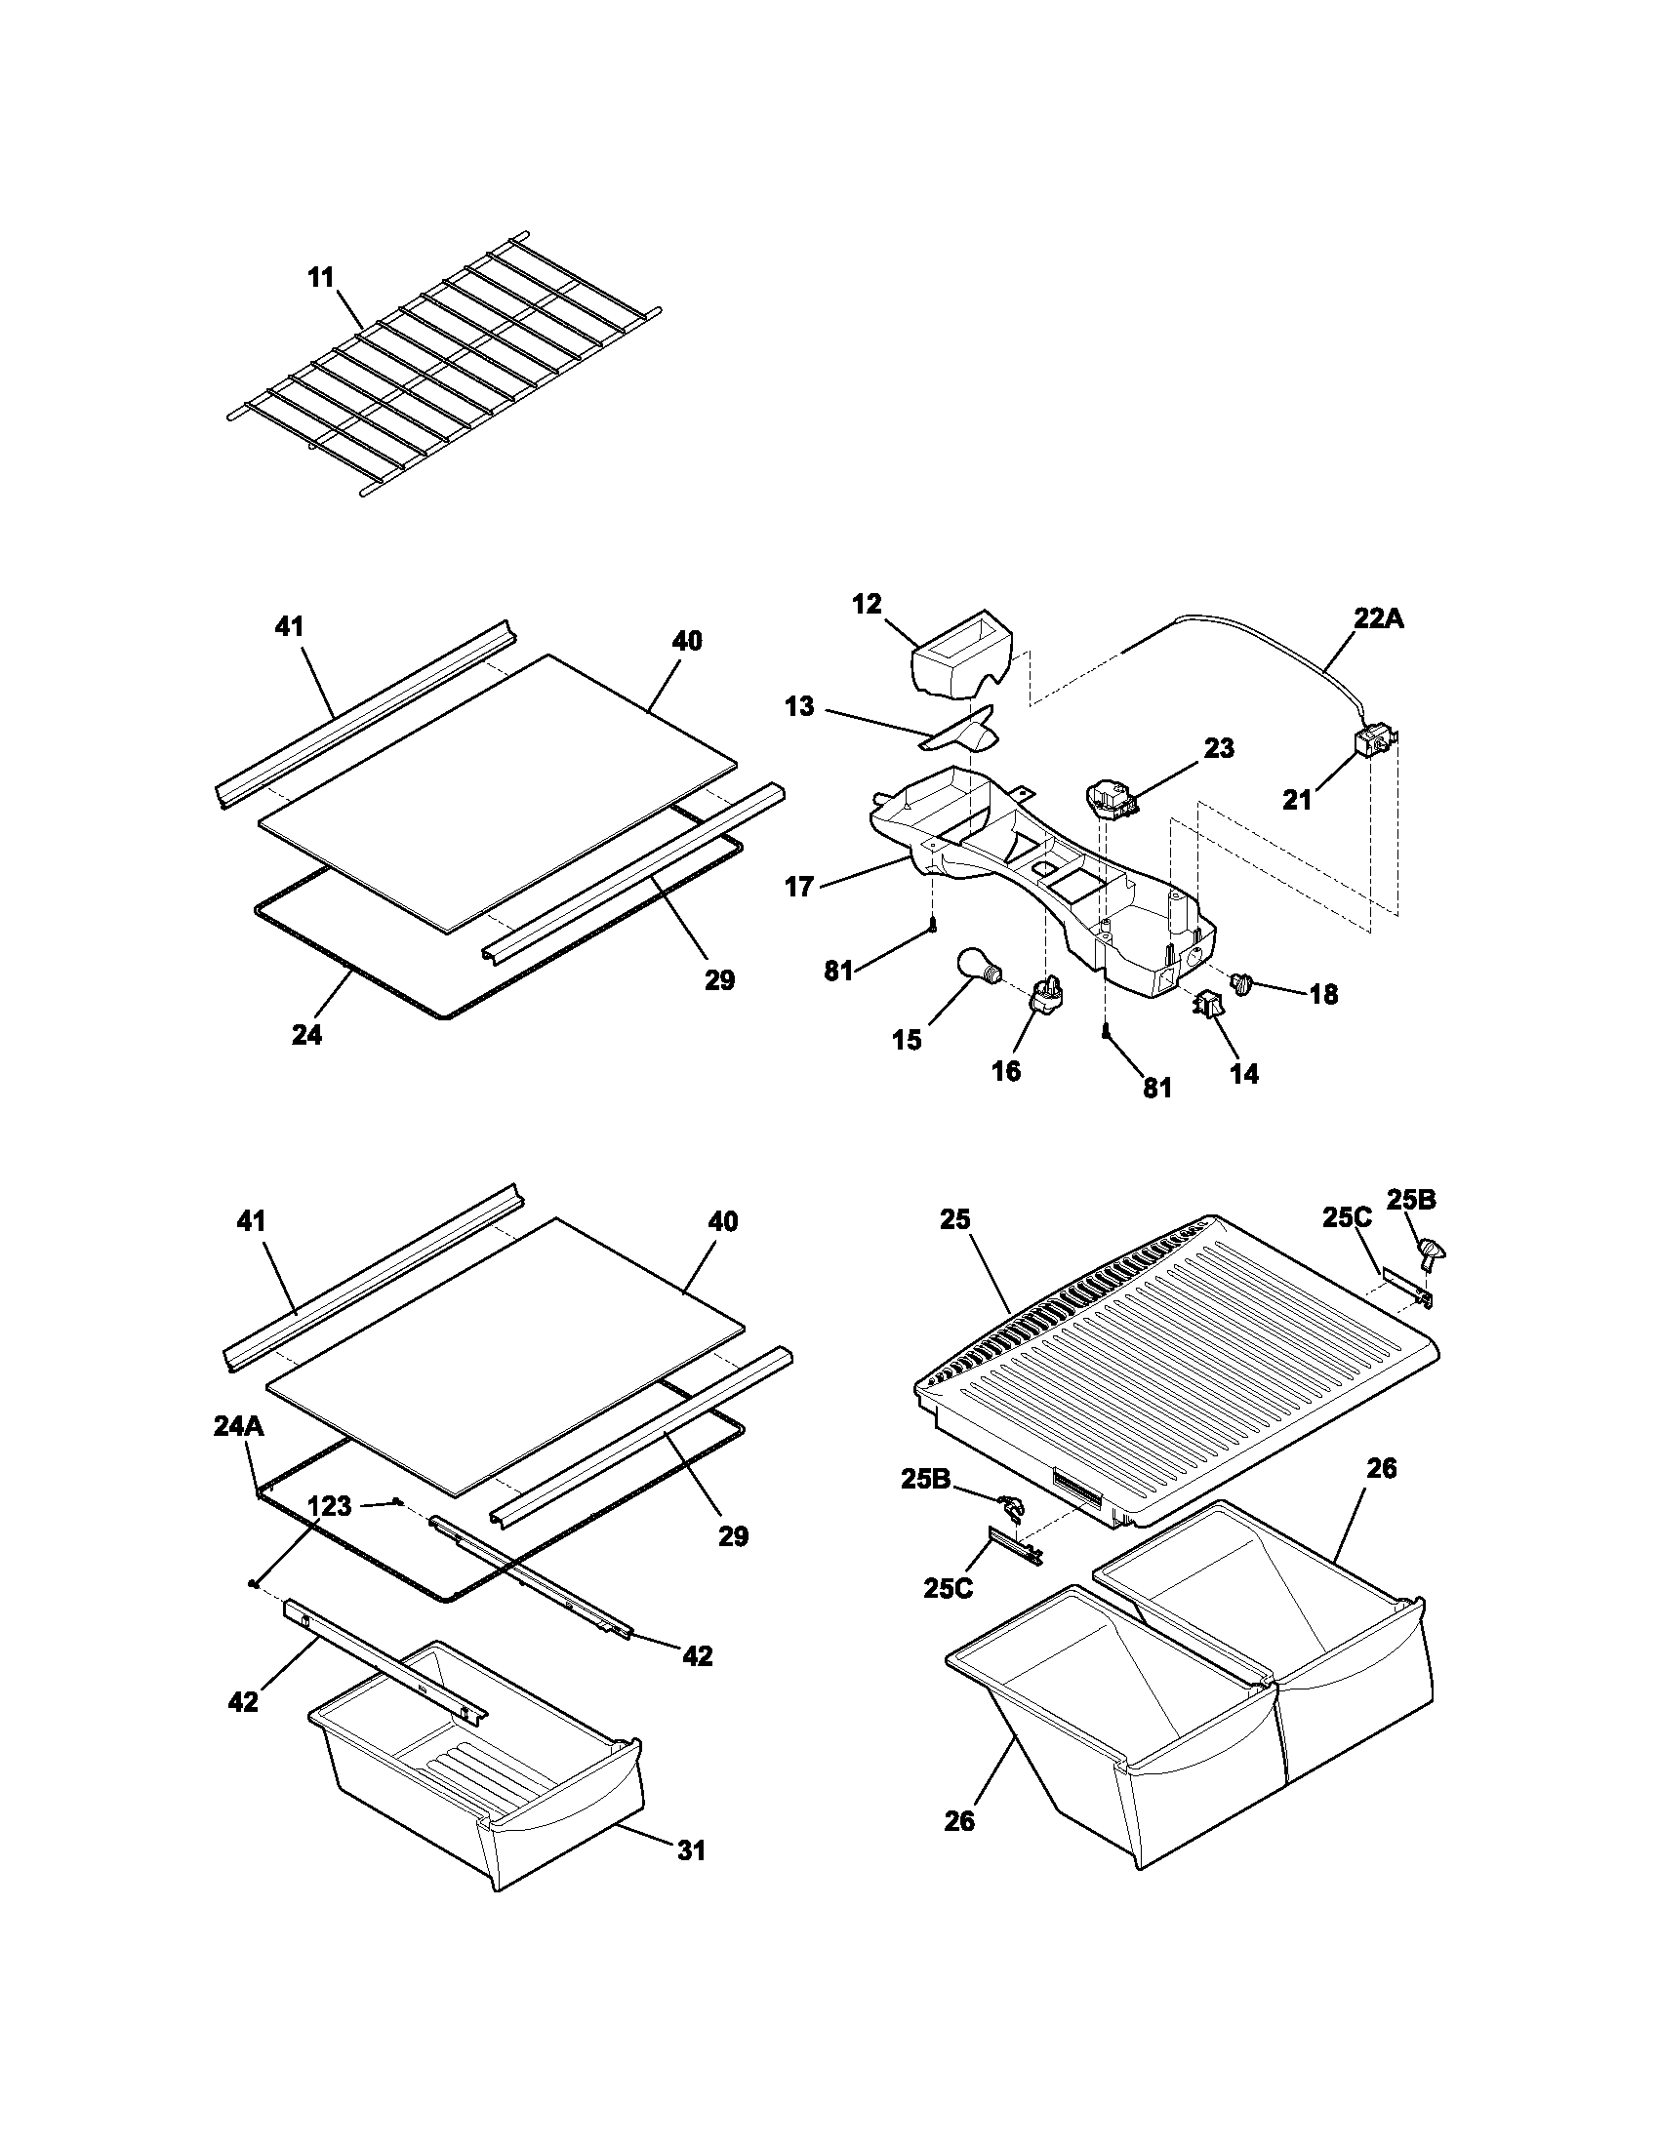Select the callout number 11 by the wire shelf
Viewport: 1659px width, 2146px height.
pos(321,278)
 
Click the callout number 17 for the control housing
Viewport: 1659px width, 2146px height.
pos(800,887)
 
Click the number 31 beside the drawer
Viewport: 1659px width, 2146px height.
pos(691,1850)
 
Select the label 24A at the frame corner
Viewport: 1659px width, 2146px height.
pos(238,1427)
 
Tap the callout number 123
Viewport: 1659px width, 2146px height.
pos(329,1505)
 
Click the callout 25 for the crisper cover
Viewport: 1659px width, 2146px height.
pos(954,1219)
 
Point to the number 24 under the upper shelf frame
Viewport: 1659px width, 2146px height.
pos(306,1035)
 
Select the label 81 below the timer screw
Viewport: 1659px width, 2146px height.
pos(1157,1088)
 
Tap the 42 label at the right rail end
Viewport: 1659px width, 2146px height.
pos(697,1655)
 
